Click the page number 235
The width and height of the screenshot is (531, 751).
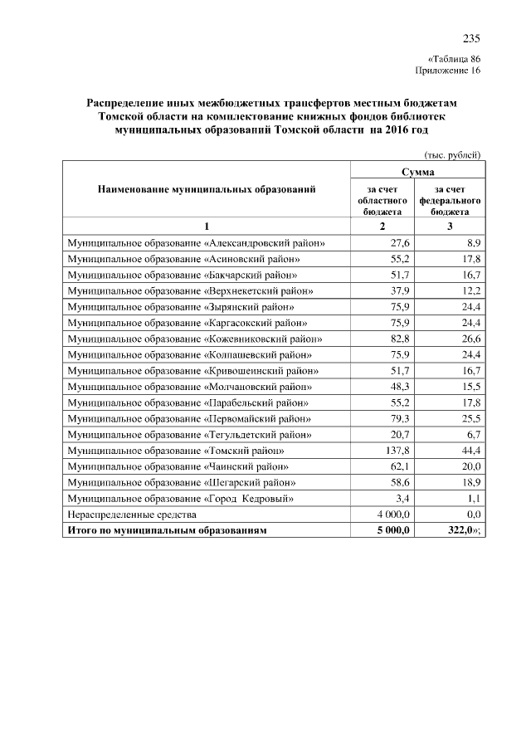(x=471, y=39)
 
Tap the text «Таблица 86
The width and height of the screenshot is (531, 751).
(x=454, y=59)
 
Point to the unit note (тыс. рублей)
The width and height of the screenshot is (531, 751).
(x=452, y=155)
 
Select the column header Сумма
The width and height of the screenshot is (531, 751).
(x=418, y=170)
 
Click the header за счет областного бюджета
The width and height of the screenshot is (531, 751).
(x=382, y=201)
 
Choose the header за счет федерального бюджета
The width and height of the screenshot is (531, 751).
(x=451, y=201)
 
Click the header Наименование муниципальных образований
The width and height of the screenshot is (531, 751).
(x=207, y=190)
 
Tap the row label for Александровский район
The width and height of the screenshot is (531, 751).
(x=196, y=242)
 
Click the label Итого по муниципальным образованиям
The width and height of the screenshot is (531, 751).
(x=168, y=530)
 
